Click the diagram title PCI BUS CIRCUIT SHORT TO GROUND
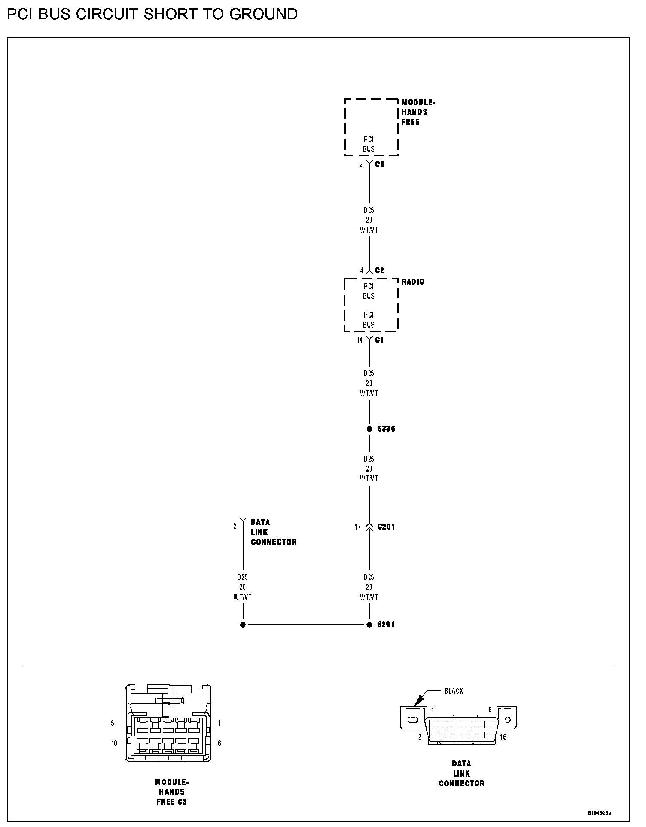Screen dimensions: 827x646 (152, 14)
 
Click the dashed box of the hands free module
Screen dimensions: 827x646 (371, 127)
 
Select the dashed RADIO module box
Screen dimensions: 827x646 (371, 305)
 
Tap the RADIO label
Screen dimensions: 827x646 (413, 282)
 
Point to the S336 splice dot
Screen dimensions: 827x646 (369, 429)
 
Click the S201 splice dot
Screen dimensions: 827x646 (369, 625)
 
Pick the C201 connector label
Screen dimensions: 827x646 (386, 527)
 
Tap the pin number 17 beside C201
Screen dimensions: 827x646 (357, 527)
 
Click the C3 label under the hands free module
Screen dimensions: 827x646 (380, 164)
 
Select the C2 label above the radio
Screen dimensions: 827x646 (380, 270)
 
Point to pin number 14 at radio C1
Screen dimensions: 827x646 (360, 340)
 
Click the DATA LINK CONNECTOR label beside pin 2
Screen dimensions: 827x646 (273, 532)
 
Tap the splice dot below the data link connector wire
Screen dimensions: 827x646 (243, 625)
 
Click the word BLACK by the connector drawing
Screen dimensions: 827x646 (454, 691)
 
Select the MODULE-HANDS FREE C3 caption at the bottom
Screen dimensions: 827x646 (171, 792)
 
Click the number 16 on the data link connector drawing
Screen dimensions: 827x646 (503, 737)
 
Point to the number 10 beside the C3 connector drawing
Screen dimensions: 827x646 (114, 743)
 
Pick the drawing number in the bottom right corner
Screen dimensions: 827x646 (599, 813)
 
